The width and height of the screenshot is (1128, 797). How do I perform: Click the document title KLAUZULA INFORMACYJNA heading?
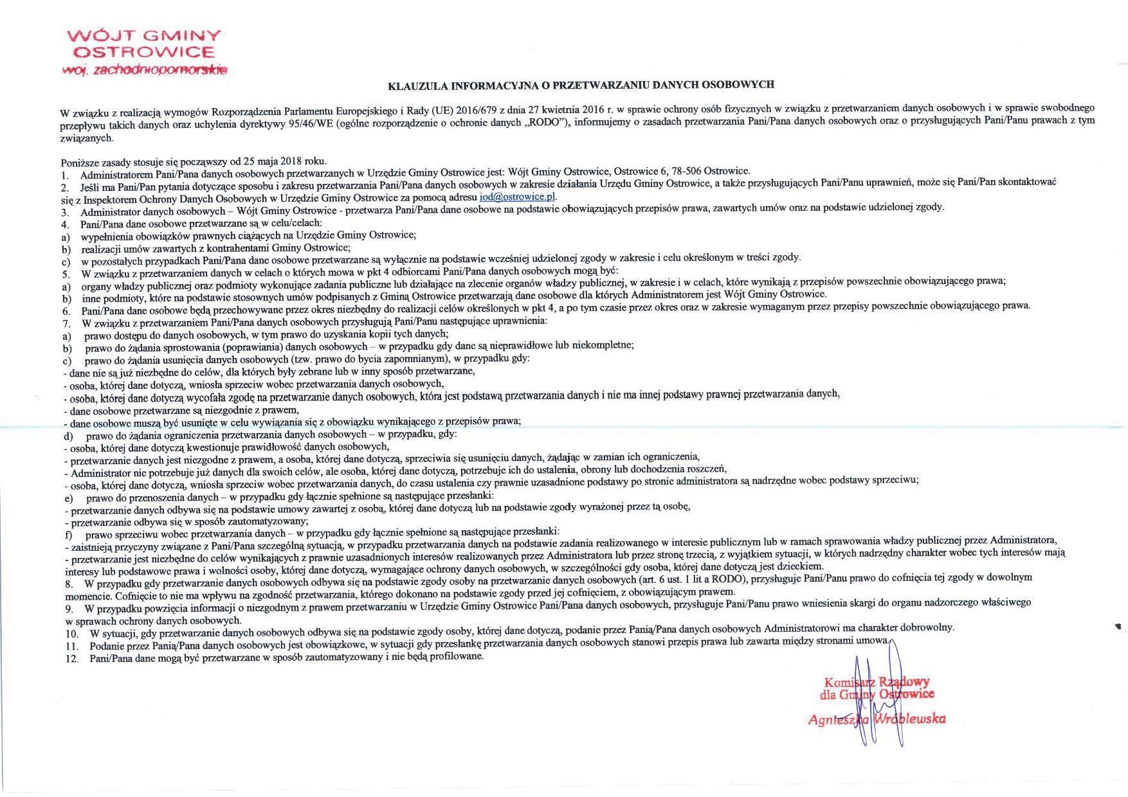pyautogui.click(x=581, y=84)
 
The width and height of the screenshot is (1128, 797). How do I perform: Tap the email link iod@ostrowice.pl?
pyautogui.click(x=518, y=197)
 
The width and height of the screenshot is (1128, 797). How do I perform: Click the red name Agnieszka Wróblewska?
pyautogui.click(x=877, y=719)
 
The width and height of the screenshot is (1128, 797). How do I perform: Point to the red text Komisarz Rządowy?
pyautogui.click(x=876, y=682)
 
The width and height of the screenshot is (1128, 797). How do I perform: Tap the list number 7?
pyautogui.click(x=66, y=319)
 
